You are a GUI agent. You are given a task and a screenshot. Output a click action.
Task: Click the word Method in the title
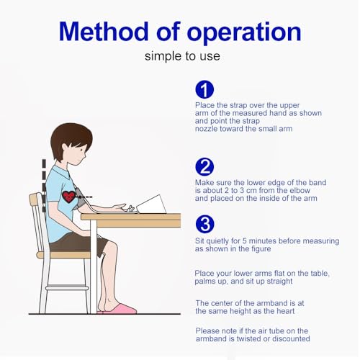pos(104,31)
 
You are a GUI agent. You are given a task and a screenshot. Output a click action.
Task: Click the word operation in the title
pos(244,34)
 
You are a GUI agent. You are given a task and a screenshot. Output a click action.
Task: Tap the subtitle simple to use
pos(182,56)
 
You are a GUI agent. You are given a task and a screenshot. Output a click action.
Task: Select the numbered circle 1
pos(204,89)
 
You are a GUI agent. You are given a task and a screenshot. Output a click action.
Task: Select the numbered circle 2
pos(204,167)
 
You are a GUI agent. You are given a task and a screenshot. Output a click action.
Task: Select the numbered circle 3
pos(204,225)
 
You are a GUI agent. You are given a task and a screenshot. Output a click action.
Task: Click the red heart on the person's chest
pos(68,197)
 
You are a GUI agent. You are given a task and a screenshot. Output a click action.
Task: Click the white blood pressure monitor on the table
pos(152,204)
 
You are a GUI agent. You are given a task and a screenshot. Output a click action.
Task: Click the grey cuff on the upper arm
pos(78,199)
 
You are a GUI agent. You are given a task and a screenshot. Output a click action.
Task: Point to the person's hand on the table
pos(119,207)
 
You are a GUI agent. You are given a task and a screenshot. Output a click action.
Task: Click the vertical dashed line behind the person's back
pos(44,186)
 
